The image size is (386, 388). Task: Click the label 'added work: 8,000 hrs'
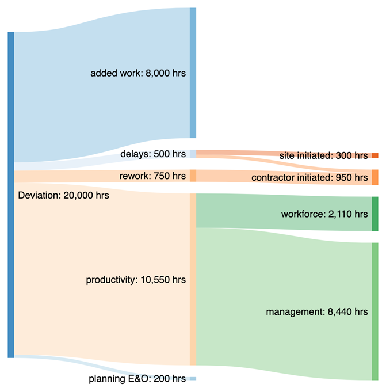[138, 74]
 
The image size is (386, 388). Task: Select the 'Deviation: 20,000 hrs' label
[63, 195]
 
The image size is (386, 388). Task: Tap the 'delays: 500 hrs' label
[152, 154]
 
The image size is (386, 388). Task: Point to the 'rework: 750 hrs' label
[152, 176]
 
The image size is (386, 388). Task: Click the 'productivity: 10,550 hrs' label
[136, 280]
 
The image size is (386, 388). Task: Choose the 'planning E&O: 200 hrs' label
[137, 379]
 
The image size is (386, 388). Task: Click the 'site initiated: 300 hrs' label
[323, 155]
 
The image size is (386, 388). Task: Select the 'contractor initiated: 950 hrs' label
[309, 178]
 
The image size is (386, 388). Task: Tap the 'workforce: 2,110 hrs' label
[324, 214]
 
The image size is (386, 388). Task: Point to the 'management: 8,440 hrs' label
[316, 312]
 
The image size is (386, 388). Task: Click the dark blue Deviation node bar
[11, 195]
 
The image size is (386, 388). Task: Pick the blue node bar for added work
[193, 73]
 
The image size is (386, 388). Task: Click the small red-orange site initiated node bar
[374, 155]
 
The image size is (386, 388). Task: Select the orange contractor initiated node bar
[374, 177]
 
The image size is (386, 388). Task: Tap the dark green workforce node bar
[374, 214]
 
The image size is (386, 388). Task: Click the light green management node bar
[374, 311]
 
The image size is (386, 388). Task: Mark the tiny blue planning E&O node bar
[193, 379]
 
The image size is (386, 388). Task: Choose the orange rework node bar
[193, 176]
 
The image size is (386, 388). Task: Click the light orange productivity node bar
[193, 280]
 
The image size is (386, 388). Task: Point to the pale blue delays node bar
[193, 154]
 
